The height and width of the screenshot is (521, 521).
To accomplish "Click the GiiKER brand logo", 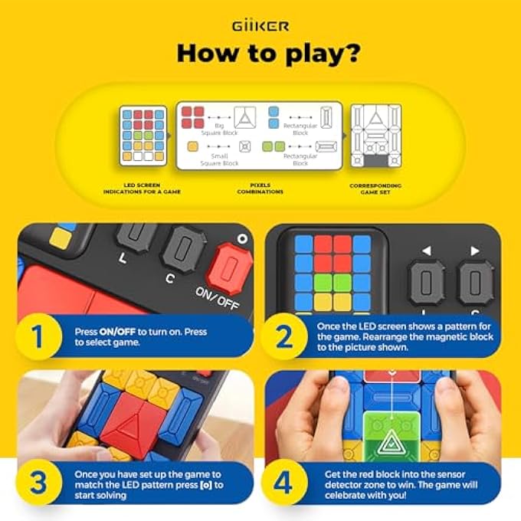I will pyautogui.click(x=260, y=26).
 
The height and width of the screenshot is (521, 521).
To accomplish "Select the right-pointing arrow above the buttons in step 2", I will pyautogui.click(x=475, y=250).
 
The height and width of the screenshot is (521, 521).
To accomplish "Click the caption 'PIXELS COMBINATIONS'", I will pyautogui.click(x=260, y=188).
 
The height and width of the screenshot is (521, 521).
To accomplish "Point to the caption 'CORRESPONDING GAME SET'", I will pyautogui.click(x=375, y=188).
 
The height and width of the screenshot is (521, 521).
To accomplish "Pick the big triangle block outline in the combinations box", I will pyautogui.click(x=246, y=116).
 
